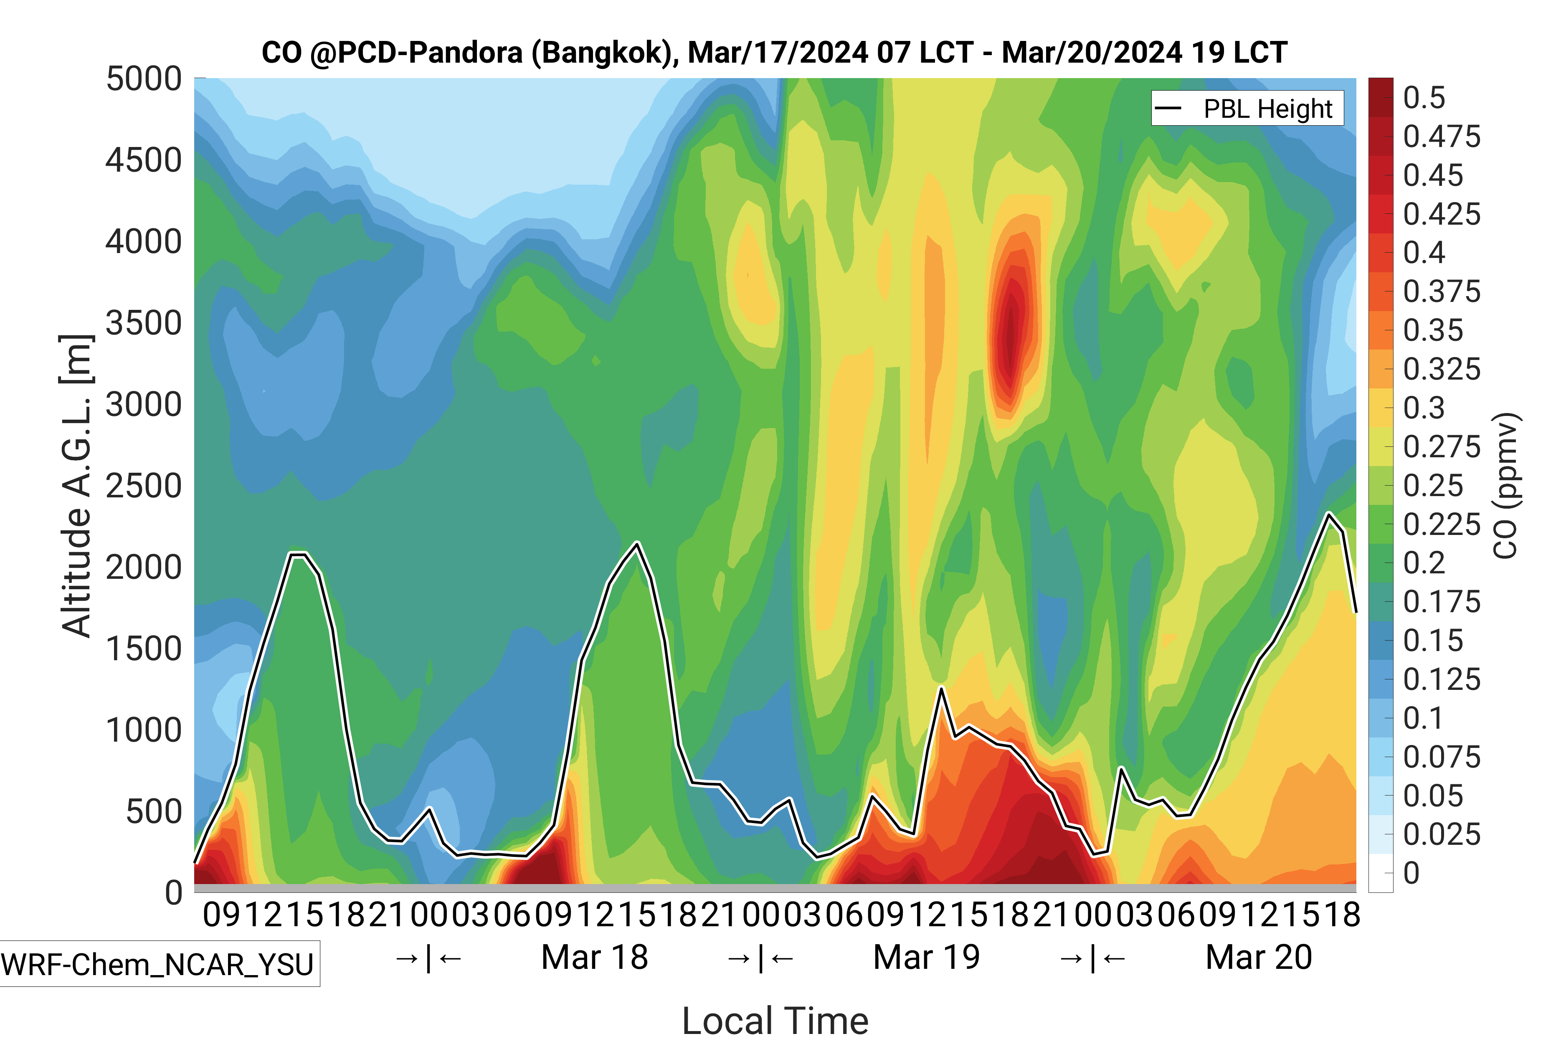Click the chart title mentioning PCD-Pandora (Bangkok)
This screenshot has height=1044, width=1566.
tap(774, 52)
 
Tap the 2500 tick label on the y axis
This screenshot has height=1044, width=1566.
tap(144, 486)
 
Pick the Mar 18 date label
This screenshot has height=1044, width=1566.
tap(595, 958)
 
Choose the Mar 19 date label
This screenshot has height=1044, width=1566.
tap(926, 958)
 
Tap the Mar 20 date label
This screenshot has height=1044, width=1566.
tap(1258, 958)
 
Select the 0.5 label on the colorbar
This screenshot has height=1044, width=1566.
tap(1424, 98)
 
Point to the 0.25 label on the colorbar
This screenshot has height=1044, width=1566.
tap(1433, 486)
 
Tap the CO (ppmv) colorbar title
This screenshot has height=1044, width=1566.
tap(1506, 486)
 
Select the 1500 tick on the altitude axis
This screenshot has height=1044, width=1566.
tap(144, 649)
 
